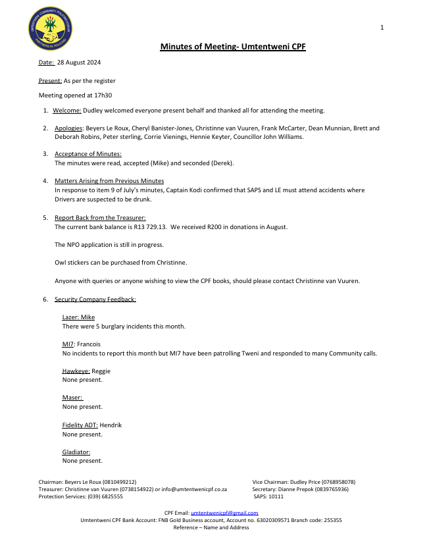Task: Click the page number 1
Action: pyautogui.click(x=382, y=28)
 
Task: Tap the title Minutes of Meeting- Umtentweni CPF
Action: pyautogui.click(x=233, y=47)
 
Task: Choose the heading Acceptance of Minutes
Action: pyautogui.click(x=88, y=154)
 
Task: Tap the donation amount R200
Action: pyautogui.click(x=218, y=226)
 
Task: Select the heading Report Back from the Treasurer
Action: pyautogui.click(x=100, y=218)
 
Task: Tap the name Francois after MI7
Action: pyautogui.click(x=90, y=344)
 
